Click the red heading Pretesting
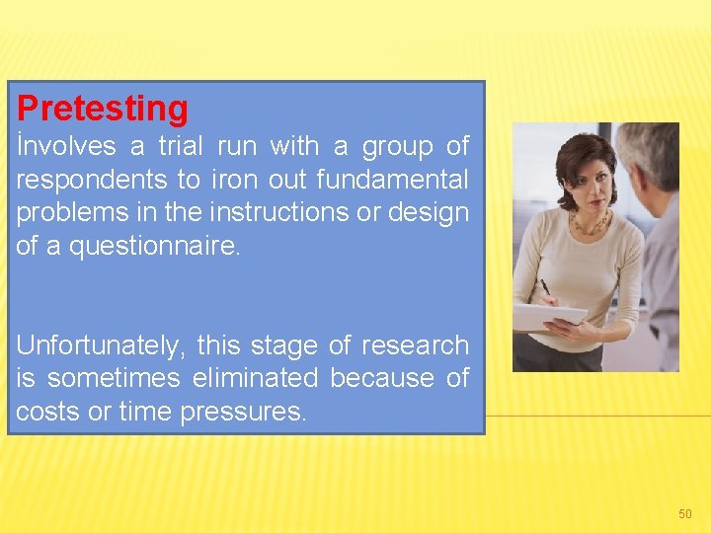click(x=103, y=108)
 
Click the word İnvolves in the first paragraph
click(x=66, y=147)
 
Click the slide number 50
click(x=685, y=514)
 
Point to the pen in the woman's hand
click(x=545, y=289)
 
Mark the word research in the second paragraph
click(x=415, y=345)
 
